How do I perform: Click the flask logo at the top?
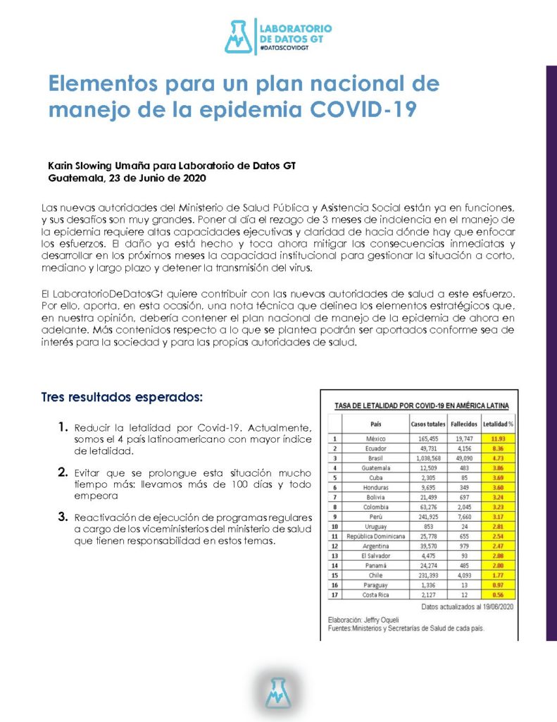[238, 37]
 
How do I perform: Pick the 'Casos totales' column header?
[427, 424]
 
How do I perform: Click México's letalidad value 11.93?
[498, 438]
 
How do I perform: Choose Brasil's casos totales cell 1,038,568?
[427, 457]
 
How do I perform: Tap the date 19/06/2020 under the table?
[494, 606]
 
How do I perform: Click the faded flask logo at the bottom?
[278, 692]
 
